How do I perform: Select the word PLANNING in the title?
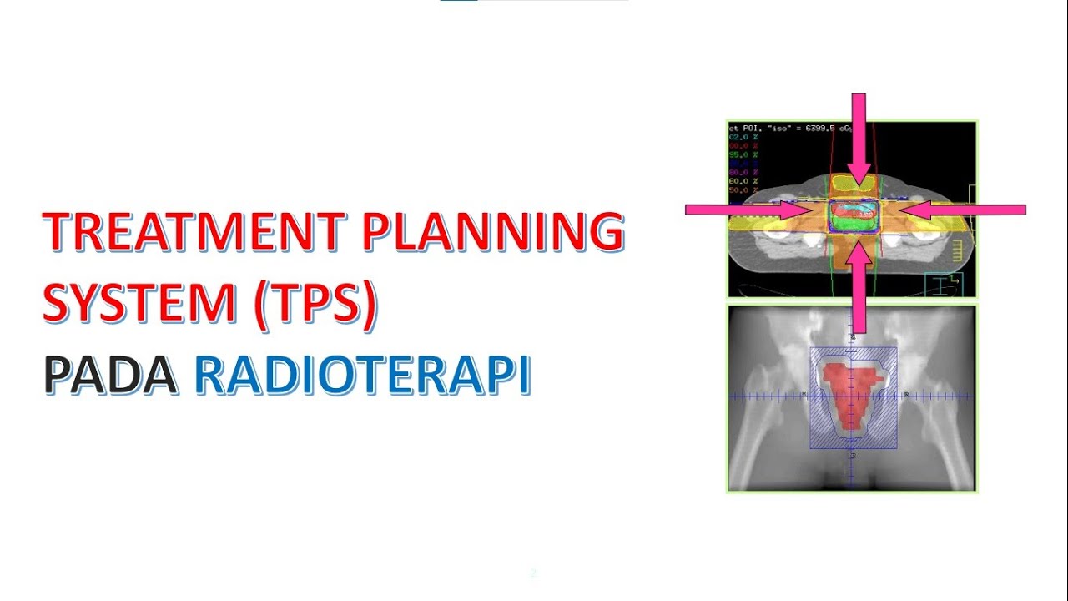tap(492, 232)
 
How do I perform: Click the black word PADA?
tap(109, 376)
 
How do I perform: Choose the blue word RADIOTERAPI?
tap(363, 376)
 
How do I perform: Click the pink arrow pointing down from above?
tap(859, 134)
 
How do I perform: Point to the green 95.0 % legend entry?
tap(743, 154)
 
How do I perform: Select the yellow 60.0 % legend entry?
tap(743, 181)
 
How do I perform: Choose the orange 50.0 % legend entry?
tap(743, 190)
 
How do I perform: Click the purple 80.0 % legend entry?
tap(743, 172)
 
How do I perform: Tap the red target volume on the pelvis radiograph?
tap(850, 392)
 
